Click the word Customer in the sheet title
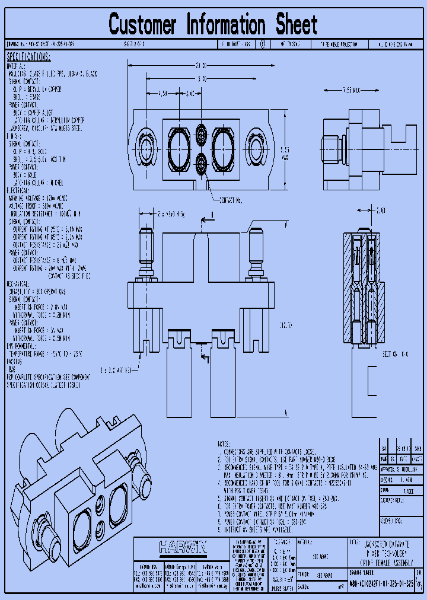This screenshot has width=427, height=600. [x=143, y=25]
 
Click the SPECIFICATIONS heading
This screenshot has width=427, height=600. [x=28, y=57]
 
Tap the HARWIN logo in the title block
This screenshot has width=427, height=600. [x=182, y=547]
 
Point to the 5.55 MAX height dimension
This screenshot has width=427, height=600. [x=285, y=153]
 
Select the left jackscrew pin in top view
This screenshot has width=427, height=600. [x=146, y=249]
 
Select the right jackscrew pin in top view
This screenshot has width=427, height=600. [x=256, y=249]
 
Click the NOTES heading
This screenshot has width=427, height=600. [x=223, y=443]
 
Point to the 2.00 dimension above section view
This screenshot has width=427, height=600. [x=380, y=210]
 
